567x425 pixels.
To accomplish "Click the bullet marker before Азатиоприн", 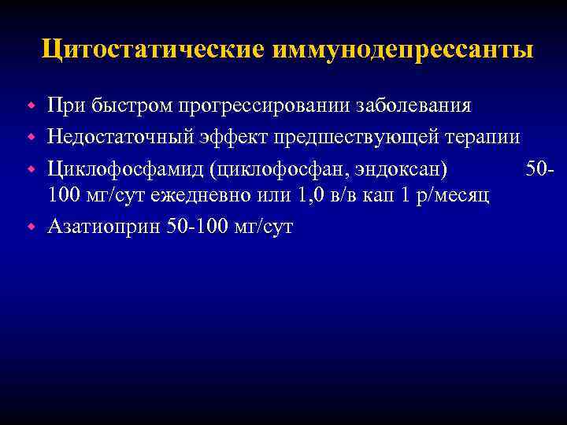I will [32, 227].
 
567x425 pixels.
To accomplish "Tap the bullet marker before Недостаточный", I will [32, 137].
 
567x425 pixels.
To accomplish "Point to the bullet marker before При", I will [32, 105].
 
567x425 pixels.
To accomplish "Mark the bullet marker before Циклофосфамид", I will [32, 168].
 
